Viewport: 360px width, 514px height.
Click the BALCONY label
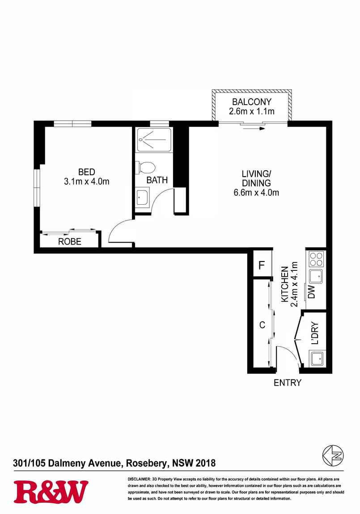251,101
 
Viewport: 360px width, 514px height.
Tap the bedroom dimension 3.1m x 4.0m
87,181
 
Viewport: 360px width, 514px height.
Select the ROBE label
69,242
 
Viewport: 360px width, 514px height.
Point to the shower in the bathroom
154,140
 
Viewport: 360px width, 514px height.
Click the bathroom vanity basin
142,197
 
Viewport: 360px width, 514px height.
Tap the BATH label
157,180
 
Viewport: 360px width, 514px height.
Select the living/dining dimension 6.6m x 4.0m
256,193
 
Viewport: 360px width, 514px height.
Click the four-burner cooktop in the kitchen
317,259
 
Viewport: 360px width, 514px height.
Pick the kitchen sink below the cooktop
316,277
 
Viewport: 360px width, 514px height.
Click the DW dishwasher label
311,292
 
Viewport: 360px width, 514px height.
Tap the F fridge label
262,265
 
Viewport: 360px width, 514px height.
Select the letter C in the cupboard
262,324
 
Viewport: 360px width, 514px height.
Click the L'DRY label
315,333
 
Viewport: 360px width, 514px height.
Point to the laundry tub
317,359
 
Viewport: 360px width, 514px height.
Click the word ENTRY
288,383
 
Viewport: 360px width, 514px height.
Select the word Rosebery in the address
147,463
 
